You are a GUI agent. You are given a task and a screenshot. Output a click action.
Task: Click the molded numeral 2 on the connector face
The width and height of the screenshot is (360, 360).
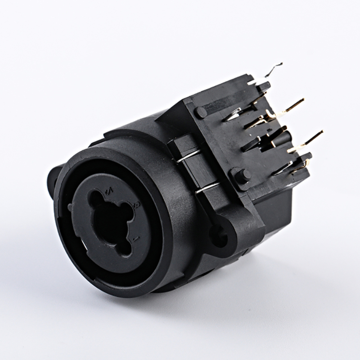coord(108,193)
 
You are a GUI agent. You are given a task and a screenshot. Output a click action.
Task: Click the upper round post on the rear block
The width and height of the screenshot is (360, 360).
coord(201,112)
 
